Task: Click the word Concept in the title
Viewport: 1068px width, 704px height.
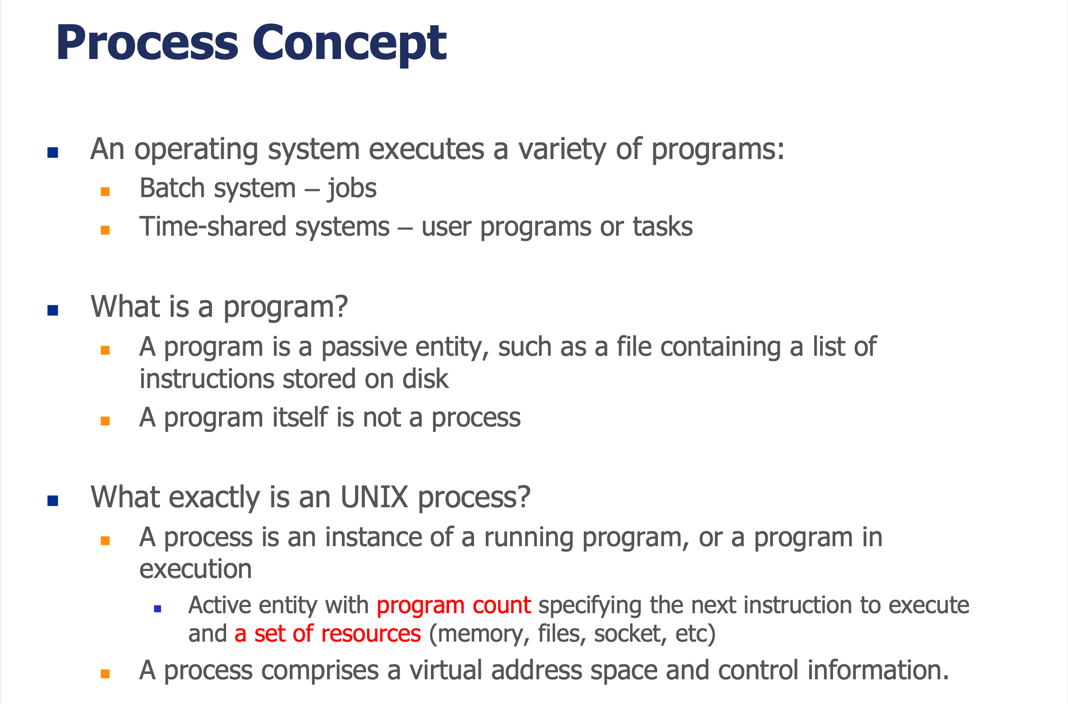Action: click(x=349, y=43)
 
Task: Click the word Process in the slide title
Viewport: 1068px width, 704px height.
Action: click(x=147, y=43)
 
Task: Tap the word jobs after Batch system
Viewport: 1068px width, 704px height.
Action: click(x=352, y=189)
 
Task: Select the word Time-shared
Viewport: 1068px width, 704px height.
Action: click(x=213, y=226)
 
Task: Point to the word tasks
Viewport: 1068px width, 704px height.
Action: click(x=663, y=227)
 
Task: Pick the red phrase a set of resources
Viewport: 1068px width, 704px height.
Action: click(x=328, y=634)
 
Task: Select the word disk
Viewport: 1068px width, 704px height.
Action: click(x=425, y=379)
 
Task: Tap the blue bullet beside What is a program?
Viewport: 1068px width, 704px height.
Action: click(x=53, y=310)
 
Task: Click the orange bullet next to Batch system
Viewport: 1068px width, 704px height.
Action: click(x=105, y=192)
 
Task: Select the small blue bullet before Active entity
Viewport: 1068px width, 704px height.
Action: click(x=157, y=609)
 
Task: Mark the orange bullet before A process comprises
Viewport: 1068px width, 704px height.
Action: click(x=105, y=674)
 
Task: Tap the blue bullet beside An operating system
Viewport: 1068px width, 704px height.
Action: click(x=53, y=153)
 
